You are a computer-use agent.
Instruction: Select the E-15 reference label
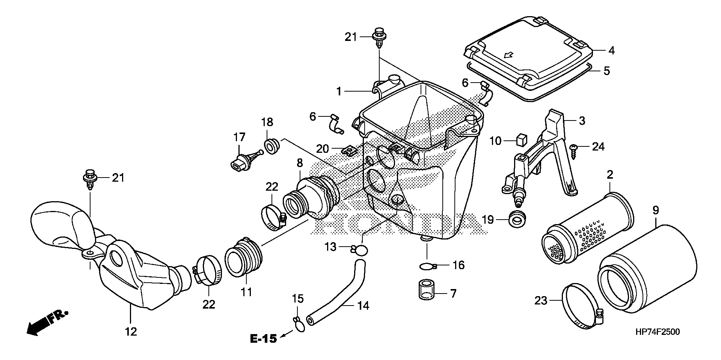(x=263, y=339)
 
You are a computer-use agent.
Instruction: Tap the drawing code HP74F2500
(x=657, y=332)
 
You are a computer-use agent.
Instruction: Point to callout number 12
(x=131, y=331)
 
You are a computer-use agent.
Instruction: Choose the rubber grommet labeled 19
(x=517, y=218)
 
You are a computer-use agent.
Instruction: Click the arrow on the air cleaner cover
(x=508, y=56)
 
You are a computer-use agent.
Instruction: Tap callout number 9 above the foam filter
(x=655, y=211)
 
